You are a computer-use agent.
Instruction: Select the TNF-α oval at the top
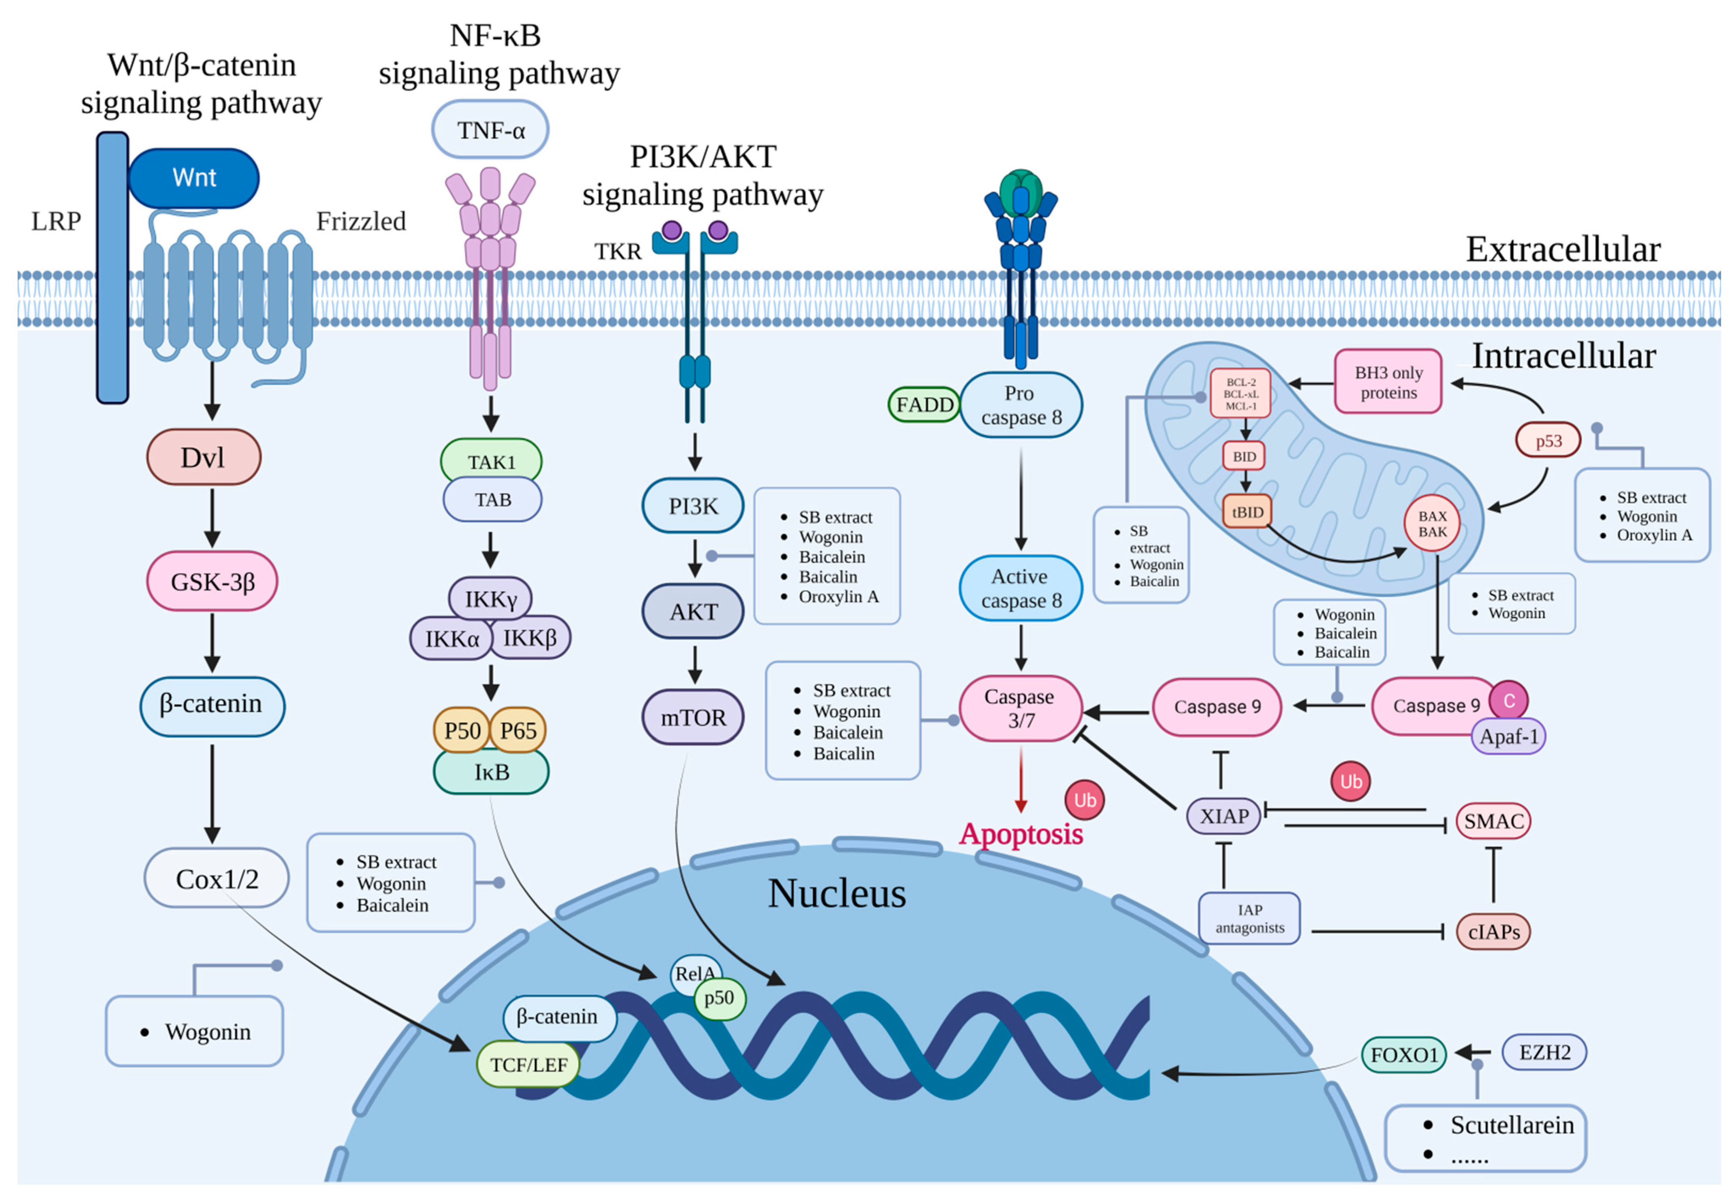pos(491,130)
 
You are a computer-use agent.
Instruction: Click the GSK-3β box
pos(212,581)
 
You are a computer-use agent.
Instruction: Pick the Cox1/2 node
pos(216,878)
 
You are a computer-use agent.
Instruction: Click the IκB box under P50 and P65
pos(491,772)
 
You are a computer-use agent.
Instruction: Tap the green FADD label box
pos(925,405)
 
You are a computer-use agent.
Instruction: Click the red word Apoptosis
pos(1021,834)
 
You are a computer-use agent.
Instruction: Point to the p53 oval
pos(1549,441)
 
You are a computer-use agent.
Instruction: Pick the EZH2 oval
pos(1544,1053)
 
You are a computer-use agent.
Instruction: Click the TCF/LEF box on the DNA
pos(529,1064)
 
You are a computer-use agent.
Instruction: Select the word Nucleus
pos(837,893)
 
